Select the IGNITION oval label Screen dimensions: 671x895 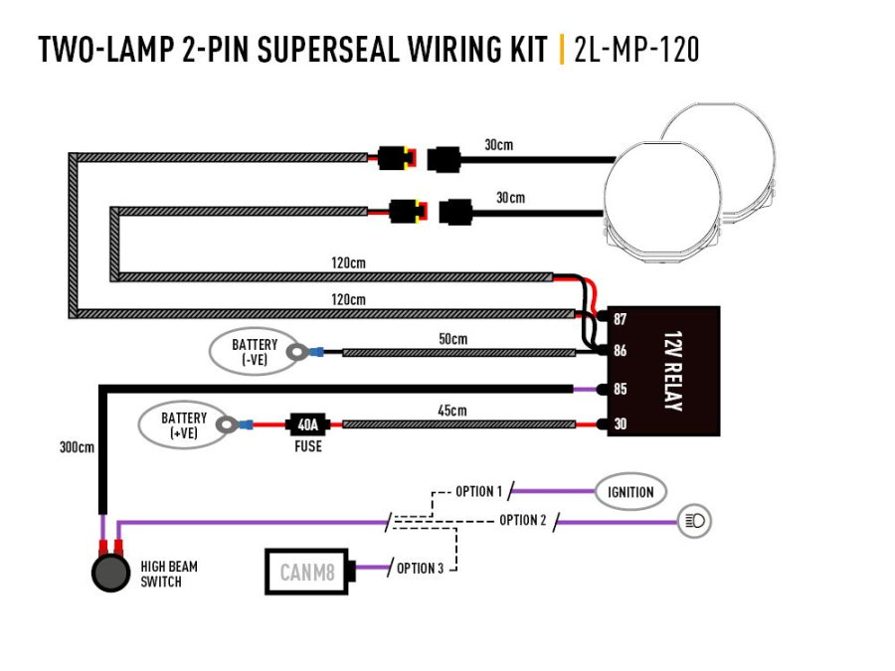630,491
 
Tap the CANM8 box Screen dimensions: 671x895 305,572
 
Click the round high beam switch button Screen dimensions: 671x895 109,574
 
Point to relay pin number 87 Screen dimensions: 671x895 620,319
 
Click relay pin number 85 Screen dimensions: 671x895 620,389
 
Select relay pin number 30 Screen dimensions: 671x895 620,424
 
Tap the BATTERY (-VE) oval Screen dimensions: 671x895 254,352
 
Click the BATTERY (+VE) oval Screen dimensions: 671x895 183,424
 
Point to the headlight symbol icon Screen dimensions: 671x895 696,520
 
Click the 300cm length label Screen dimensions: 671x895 78,447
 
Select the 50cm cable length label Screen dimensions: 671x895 452,339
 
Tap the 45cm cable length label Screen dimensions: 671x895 452,410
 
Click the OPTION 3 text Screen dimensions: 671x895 420,569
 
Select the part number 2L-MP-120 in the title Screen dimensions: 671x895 636,50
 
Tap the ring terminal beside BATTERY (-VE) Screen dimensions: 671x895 296,351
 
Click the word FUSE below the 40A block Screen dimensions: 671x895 307,447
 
